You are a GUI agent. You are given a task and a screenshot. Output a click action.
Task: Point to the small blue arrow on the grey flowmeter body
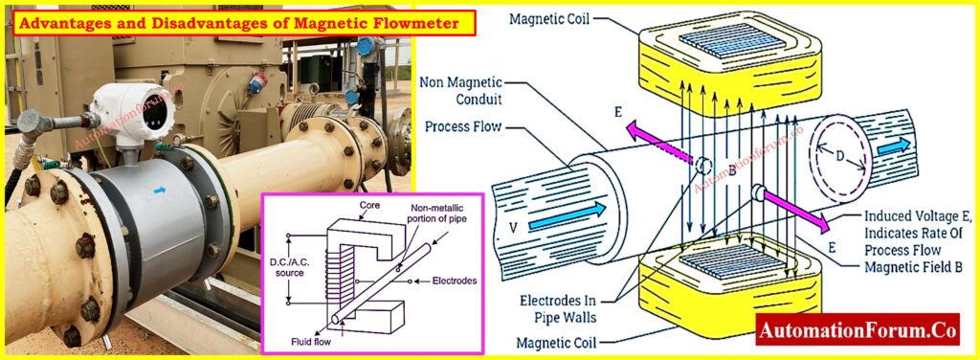pyautogui.click(x=159, y=191)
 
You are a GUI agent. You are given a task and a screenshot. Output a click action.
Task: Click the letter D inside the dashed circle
pyautogui.click(x=839, y=152)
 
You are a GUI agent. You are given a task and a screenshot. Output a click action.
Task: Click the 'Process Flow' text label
pyautogui.click(x=470, y=128)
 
